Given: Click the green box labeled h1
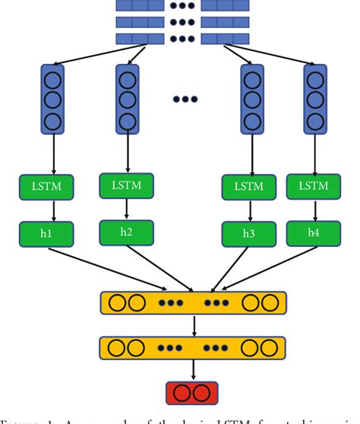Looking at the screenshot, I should [x=48, y=233].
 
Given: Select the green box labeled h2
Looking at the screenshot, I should [x=126, y=232].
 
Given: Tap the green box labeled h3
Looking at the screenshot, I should [x=249, y=233].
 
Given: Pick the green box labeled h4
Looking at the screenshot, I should [x=313, y=233].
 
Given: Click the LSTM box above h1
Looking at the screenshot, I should [x=48, y=187].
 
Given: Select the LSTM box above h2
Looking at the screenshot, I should [x=126, y=185].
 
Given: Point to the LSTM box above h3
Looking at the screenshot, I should [x=249, y=187].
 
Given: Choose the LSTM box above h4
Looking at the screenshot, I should [x=313, y=187].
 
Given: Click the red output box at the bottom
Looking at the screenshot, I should [x=191, y=393].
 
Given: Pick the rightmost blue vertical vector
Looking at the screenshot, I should [x=316, y=100].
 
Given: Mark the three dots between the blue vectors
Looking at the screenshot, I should [x=185, y=100].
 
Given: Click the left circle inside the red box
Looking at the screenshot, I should [x=183, y=393].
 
